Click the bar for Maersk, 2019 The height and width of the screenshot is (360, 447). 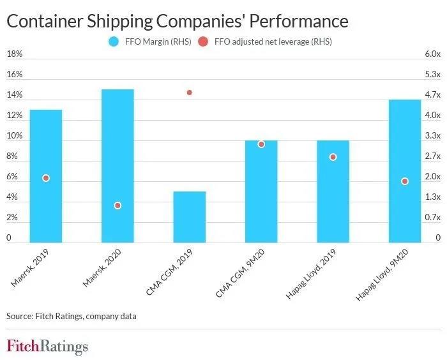click(x=46, y=176)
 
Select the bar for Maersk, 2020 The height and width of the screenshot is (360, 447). click(x=117, y=166)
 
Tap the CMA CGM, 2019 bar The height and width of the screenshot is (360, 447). click(x=190, y=217)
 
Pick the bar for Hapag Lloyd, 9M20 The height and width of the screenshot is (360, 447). click(x=405, y=171)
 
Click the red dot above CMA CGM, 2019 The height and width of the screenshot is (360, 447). click(x=190, y=93)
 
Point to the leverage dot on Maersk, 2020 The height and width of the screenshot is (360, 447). click(x=117, y=206)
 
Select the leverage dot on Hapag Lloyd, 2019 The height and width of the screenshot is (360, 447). click(x=333, y=157)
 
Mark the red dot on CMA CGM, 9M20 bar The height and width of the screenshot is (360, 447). click(x=261, y=144)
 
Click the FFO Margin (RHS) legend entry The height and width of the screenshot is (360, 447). click(x=145, y=41)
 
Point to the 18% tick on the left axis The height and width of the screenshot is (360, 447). click(x=14, y=54)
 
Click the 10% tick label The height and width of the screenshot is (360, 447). click(x=14, y=136)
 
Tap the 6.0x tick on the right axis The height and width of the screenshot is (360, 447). click(x=432, y=54)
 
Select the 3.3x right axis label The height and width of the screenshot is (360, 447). click(x=432, y=136)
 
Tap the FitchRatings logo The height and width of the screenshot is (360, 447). click(x=47, y=347)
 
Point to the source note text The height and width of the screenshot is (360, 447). click(x=72, y=315)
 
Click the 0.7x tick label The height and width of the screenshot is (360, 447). click(x=432, y=218)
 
